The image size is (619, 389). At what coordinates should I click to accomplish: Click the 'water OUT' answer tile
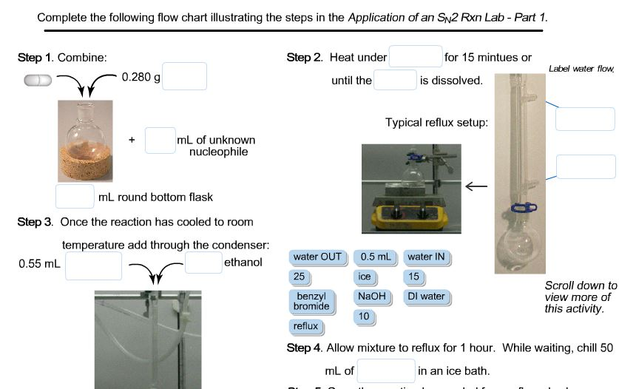317,257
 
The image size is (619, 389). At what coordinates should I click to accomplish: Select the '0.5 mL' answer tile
374,257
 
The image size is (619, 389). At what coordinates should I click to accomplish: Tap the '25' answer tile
299,277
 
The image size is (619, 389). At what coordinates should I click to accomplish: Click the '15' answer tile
414,277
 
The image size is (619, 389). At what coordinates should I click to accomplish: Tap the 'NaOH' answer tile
369,297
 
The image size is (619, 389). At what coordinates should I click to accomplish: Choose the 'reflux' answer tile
305,325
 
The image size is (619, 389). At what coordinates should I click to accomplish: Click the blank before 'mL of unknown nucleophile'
159,141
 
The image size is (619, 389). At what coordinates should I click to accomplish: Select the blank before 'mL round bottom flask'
75,197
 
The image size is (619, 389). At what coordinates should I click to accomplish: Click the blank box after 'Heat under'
415,57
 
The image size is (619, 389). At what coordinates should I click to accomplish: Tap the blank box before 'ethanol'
203,263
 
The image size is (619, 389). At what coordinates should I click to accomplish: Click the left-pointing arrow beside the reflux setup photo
476,187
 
